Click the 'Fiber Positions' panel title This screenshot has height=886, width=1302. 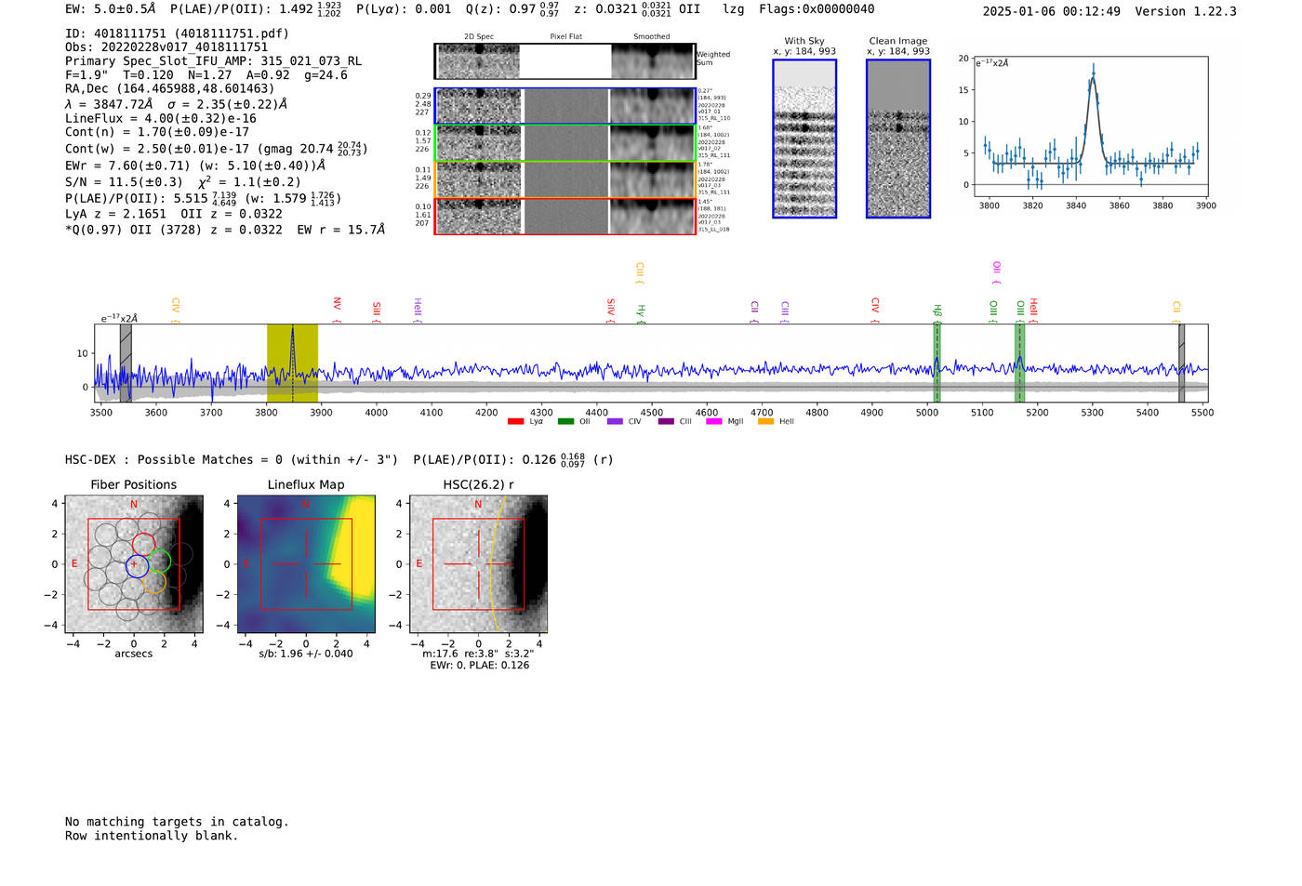click(133, 484)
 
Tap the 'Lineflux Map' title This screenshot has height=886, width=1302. click(305, 484)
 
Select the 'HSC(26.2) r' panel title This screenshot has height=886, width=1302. click(478, 484)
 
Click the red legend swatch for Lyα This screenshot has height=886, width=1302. click(515, 421)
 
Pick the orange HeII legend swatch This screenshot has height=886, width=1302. click(765, 421)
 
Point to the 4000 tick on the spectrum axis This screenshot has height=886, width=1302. click(376, 412)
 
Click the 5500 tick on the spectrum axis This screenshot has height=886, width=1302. click(1202, 412)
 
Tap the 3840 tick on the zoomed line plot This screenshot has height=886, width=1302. click(1076, 205)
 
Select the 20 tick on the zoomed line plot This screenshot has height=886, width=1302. click(963, 58)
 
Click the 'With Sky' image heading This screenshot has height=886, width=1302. click(804, 41)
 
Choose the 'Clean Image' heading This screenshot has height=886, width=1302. click(897, 41)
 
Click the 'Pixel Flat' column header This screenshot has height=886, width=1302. click(565, 37)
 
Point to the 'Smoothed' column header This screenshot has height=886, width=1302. click(651, 37)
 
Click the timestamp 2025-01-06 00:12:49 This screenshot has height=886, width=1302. click(1051, 11)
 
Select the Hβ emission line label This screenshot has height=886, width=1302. click(937, 311)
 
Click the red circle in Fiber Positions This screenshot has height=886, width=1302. click(143, 545)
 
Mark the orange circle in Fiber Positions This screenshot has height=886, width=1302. click(154, 583)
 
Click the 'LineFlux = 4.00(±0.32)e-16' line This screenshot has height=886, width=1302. click(161, 118)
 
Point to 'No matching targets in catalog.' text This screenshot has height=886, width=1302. click(177, 821)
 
